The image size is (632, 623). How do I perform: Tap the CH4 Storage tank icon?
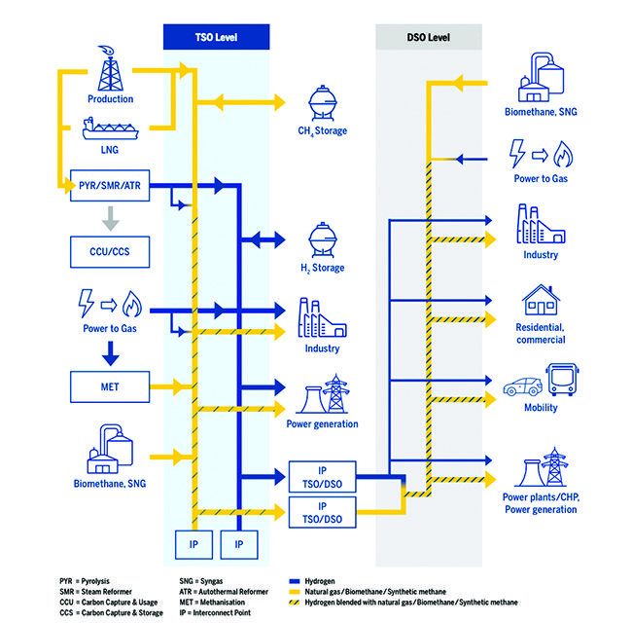point(322,101)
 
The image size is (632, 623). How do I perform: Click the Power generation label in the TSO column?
point(322,424)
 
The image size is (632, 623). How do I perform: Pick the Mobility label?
point(541,408)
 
